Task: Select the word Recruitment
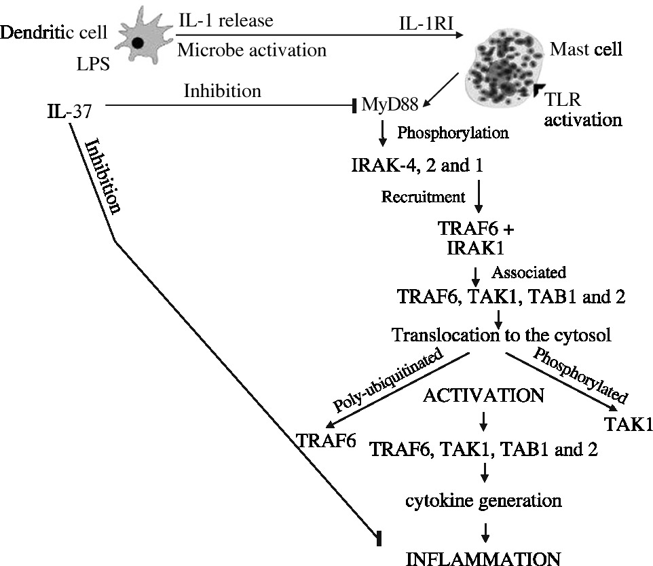tap(424, 197)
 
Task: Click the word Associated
tap(528, 273)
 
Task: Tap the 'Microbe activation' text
tap(251, 50)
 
